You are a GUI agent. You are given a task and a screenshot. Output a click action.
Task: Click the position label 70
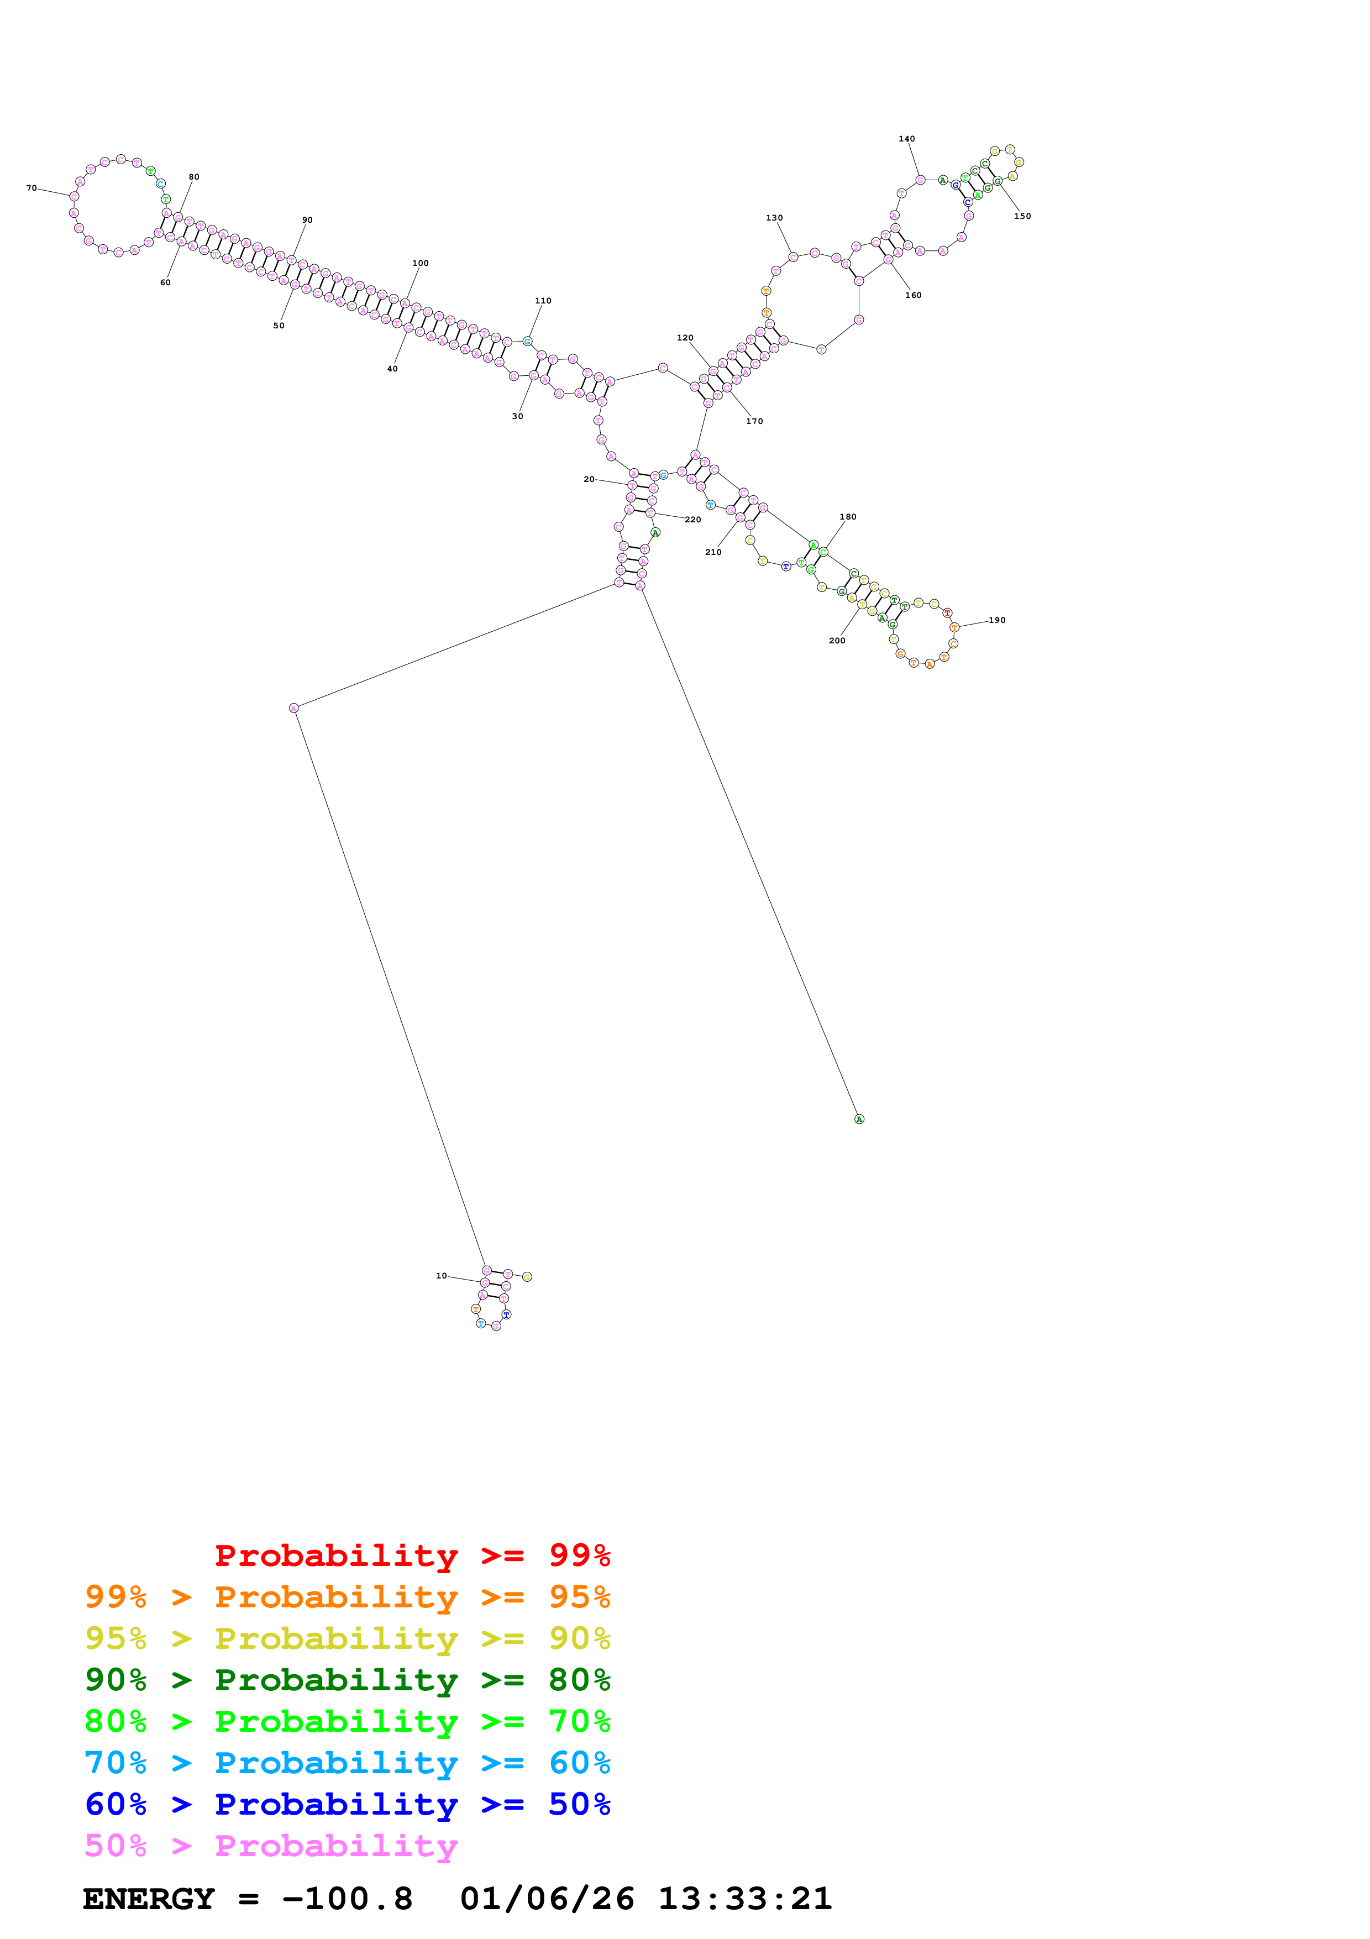click(32, 188)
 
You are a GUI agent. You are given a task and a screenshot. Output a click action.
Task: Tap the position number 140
click(906, 139)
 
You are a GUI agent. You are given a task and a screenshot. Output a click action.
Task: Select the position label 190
click(997, 620)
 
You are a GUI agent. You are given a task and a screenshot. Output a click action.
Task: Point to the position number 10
click(440, 1275)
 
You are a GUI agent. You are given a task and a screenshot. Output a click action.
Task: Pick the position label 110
click(543, 301)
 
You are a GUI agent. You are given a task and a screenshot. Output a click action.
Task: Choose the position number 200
click(837, 640)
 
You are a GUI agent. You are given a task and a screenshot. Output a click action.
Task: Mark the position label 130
click(774, 218)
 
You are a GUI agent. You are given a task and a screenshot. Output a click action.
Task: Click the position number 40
click(392, 369)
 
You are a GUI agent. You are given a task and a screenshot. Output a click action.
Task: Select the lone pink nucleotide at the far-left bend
click(294, 708)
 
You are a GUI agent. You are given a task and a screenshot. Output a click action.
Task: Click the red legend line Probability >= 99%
click(412, 1555)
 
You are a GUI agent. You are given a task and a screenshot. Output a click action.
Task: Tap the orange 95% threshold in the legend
click(579, 1596)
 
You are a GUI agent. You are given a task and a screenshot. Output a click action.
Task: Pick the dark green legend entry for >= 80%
click(347, 1680)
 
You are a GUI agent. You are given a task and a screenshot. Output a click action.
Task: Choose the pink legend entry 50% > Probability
click(270, 1845)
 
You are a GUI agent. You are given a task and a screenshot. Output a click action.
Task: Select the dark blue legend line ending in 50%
click(347, 1804)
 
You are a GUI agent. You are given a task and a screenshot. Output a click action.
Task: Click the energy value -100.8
click(347, 1899)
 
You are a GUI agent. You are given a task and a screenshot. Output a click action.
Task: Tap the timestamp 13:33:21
click(744, 1899)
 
